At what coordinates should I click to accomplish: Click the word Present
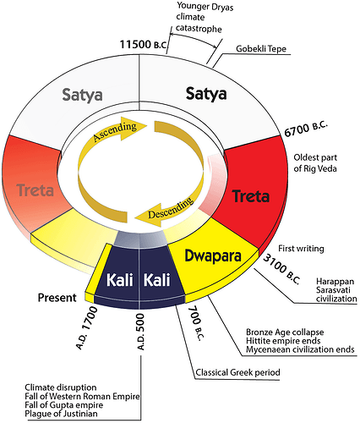coord(58,297)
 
